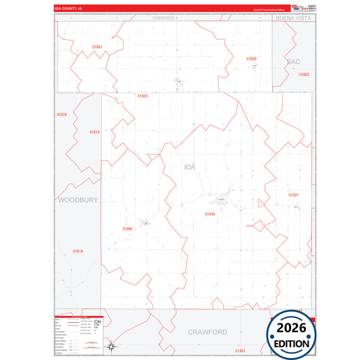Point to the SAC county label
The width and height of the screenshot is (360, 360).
(293, 61)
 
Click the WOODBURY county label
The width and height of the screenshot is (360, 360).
(78, 200)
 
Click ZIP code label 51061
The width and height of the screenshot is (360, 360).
(98, 47)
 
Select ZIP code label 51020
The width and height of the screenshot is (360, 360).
(251, 59)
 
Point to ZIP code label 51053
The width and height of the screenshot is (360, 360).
(304, 74)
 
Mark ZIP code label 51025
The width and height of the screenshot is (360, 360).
(142, 96)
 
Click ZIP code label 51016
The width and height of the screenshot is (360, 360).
(61, 115)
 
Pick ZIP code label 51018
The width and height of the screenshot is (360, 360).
(95, 132)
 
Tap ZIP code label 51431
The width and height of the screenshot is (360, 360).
(293, 195)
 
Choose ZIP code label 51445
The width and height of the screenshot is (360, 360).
(210, 213)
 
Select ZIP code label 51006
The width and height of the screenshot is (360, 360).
(128, 229)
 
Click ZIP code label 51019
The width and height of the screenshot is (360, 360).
(78, 251)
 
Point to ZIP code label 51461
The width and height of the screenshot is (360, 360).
(240, 351)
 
